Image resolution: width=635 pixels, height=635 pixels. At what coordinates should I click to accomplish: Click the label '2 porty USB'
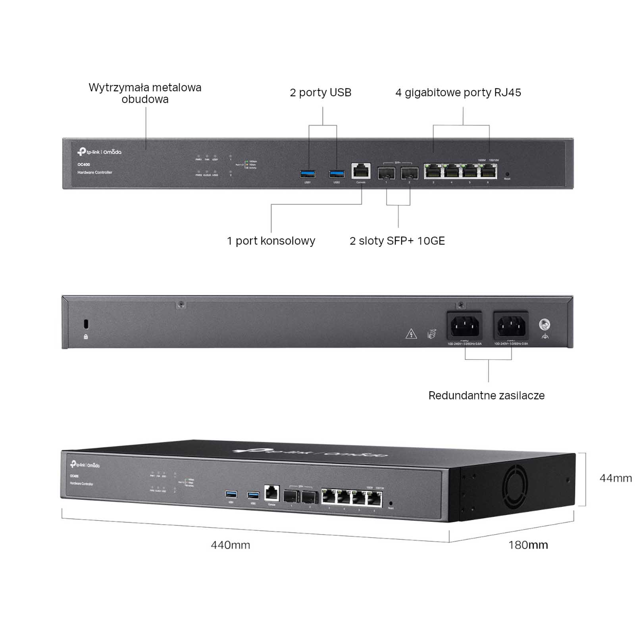point(320,93)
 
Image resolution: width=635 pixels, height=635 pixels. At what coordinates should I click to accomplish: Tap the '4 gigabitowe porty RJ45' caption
point(458,93)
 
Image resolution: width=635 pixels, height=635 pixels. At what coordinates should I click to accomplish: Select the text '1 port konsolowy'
point(271,241)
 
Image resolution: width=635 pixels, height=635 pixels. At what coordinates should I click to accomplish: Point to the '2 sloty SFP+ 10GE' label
point(397,241)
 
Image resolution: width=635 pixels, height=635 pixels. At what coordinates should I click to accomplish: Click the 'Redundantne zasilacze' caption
point(486,395)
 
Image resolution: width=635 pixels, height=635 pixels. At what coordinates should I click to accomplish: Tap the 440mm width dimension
point(230,545)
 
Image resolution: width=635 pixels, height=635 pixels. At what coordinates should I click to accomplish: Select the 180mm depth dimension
point(528,545)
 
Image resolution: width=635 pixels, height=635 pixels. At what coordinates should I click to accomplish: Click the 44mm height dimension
point(616,478)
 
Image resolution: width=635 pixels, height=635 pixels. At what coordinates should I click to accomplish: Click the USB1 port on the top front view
point(308,174)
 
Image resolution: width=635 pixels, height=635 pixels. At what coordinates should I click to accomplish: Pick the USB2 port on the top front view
point(337,174)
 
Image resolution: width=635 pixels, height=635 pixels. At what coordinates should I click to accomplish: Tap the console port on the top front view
point(361,171)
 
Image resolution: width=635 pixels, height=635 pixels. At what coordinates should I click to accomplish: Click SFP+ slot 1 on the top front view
point(386,173)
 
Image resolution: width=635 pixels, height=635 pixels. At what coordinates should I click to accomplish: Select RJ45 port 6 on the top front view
point(489,171)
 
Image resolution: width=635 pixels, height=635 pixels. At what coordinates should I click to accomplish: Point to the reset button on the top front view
point(507,174)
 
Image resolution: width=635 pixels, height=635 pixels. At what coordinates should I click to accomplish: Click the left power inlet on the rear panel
point(465,326)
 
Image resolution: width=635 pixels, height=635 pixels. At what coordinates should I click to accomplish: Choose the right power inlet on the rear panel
point(511,326)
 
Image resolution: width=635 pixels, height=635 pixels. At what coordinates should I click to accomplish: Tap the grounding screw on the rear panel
point(545,325)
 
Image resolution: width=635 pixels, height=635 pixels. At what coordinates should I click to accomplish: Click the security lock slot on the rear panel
point(86,324)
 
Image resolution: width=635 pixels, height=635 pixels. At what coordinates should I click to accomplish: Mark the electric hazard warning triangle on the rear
point(411,334)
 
